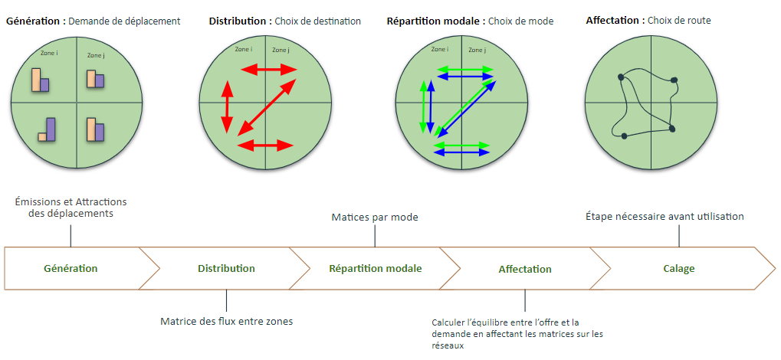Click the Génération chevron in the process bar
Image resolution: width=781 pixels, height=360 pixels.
(71, 269)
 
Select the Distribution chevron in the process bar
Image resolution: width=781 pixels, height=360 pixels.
(226, 269)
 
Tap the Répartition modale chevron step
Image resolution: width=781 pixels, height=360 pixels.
(375, 269)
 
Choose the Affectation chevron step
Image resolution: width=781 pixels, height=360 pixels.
(525, 269)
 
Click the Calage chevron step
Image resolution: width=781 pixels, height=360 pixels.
(679, 269)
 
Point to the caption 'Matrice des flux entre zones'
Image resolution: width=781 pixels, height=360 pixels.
(226, 321)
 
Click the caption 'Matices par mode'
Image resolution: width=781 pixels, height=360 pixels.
(375, 218)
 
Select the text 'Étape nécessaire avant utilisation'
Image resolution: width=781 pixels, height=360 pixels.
(664, 217)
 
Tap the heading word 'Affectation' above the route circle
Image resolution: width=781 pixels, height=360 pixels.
(613, 21)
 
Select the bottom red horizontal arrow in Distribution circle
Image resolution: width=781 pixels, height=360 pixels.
(266, 144)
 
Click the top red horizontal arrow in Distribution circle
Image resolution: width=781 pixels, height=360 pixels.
(269, 70)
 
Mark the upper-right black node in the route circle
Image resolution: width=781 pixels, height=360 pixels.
(674, 80)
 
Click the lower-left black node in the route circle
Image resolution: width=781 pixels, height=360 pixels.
(624, 136)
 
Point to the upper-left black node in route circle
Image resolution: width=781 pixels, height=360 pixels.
(620, 77)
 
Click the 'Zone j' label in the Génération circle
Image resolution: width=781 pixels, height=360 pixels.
(95, 55)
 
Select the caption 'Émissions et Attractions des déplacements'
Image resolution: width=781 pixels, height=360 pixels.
(71, 208)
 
